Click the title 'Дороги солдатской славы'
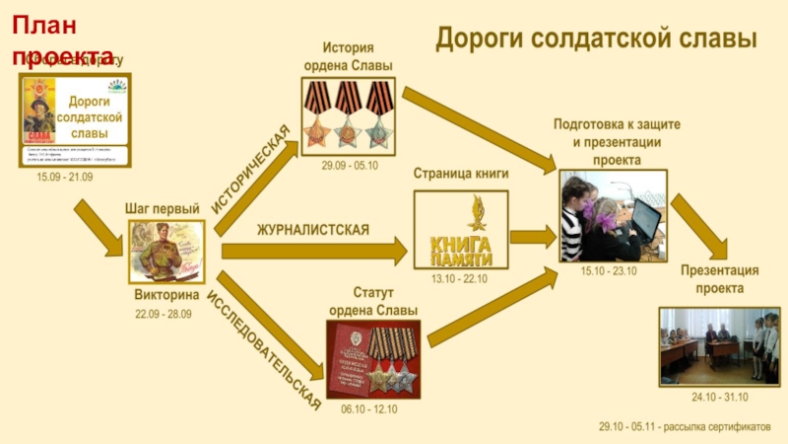[596, 39]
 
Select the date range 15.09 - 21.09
[65, 177]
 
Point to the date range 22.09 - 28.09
[164, 314]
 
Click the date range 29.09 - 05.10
[350, 165]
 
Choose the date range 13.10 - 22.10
[459, 279]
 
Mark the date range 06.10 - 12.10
[369, 409]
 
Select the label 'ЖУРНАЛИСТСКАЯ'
[313, 230]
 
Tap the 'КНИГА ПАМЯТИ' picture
[460, 228]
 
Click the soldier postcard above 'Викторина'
[166, 251]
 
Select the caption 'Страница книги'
[460, 174]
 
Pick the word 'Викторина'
[166, 294]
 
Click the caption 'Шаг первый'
[163, 208]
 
